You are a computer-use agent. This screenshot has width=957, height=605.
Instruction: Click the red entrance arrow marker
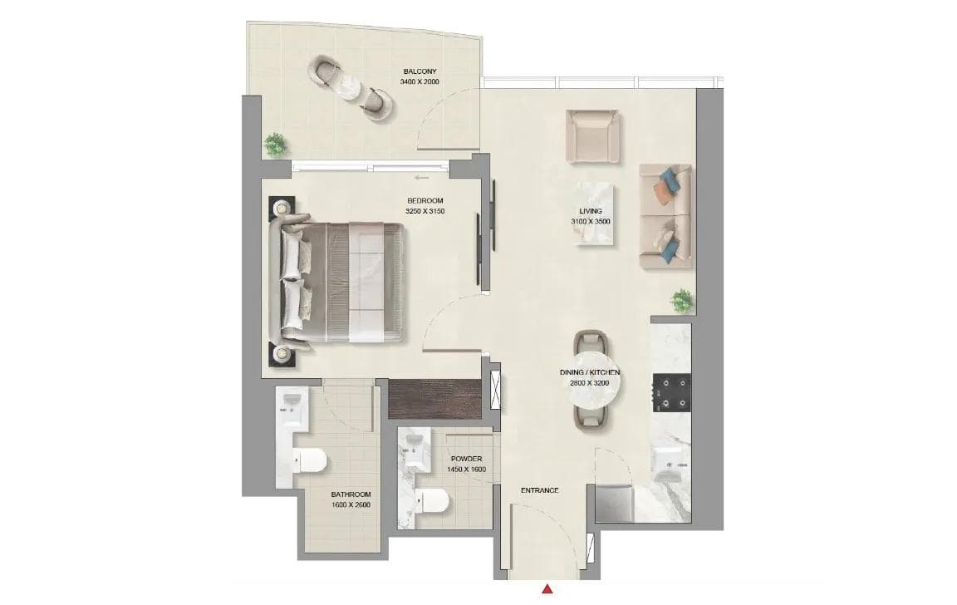pyautogui.click(x=547, y=589)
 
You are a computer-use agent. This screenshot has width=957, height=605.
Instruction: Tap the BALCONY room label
pyautogui.click(x=419, y=76)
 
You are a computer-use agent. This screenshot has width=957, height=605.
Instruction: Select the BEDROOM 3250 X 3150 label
pyautogui.click(x=425, y=206)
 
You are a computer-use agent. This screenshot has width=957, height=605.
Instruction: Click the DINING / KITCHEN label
pyautogui.click(x=590, y=378)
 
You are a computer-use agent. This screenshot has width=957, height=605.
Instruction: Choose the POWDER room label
pyautogui.click(x=467, y=464)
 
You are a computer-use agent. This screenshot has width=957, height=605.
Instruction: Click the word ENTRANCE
pyautogui.click(x=539, y=490)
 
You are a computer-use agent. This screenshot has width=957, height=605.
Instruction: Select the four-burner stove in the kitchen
pyautogui.click(x=672, y=392)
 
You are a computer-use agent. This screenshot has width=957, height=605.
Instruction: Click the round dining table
pyautogui.click(x=591, y=390)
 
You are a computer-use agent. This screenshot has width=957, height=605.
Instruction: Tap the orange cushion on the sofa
pyautogui.click(x=661, y=192)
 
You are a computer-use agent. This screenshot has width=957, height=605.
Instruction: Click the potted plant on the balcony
pyautogui.click(x=275, y=144)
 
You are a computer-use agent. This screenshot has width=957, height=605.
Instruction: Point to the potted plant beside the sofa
pyautogui.click(x=683, y=299)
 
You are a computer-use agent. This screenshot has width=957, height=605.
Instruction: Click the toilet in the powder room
pyautogui.click(x=434, y=501)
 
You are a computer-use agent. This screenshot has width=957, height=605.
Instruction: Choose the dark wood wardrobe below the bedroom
pyautogui.click(x=434, y=397)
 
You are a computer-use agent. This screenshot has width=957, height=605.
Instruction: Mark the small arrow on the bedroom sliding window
pyautogui.click(x=421, y=177)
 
